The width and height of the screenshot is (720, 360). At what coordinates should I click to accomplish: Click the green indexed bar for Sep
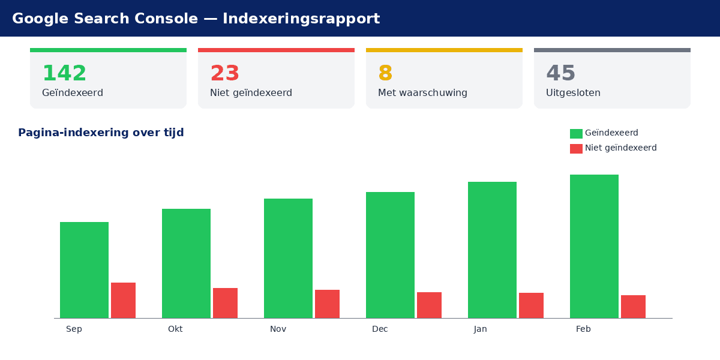click(84, 270)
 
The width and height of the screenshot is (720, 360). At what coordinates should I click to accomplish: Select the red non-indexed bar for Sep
click(123, 300)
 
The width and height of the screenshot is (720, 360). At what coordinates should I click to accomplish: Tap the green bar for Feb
click(594, 246)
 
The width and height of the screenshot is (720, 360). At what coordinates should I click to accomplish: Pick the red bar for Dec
click(429, 305)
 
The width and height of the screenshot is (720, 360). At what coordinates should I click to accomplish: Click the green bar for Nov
click(288, 258)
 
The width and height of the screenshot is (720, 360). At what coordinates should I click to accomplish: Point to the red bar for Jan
click(531, 305)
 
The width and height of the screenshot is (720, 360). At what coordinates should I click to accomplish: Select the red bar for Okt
click(225, 303)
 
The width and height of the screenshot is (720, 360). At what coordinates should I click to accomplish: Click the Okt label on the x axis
click(175, 329)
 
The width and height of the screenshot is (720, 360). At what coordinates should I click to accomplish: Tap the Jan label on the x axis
click(480, 329)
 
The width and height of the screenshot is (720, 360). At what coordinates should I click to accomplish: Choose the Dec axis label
click(380, 329)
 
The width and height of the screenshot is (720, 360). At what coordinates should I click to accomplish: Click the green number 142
click(64, 74)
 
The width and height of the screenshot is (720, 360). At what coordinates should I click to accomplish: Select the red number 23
click(224, 74)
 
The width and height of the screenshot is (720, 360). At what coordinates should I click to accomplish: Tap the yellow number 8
click(385, 74)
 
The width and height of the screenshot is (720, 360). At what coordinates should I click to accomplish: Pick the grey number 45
click(560, 74)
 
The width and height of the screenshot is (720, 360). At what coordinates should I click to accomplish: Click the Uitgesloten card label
click(573, 93)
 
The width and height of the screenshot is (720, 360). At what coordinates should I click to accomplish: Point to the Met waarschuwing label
click(422, 93)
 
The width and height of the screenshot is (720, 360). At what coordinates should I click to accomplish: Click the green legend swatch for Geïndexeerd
click(576, 133)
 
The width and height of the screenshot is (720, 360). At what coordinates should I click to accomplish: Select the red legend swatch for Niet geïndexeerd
click(576, 148)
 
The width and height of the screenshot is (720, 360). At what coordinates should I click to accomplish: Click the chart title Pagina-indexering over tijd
click(101, 133)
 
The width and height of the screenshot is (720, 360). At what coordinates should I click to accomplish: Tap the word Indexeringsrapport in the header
click(301, 19)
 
